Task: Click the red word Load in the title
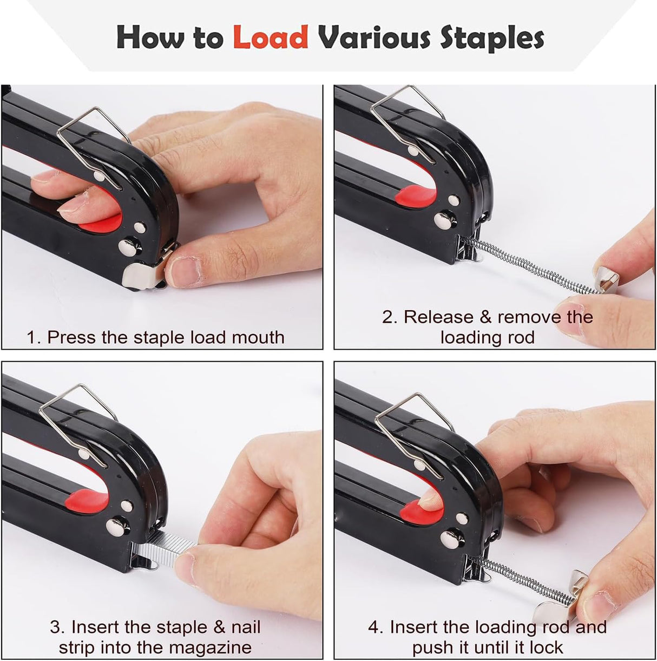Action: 270,37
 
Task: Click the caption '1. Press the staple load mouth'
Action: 155,337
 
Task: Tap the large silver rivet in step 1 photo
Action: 132,246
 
